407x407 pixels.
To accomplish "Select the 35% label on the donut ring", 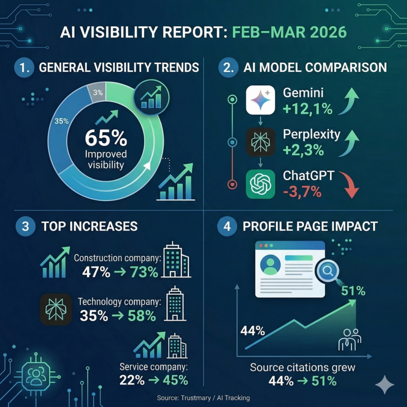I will tap(62, 121).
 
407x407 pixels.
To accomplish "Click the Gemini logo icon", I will tap(260, 100).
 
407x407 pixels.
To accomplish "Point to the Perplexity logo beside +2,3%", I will tap(260, 141).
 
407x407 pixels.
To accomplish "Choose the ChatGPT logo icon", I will tap(260, 184).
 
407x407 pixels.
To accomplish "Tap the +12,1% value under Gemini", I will tap(308, 109).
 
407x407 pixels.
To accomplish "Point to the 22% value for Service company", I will tap(132, 380).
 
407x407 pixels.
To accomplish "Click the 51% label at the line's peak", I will tap(353, 291).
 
